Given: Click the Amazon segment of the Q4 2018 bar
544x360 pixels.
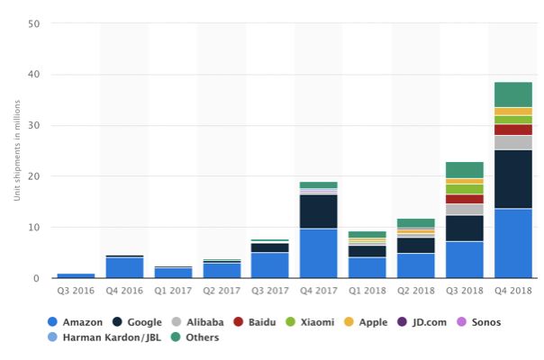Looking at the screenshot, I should pyautogui.click(x=512, y=244).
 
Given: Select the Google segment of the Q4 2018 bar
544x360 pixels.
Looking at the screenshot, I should pyautogui.click(x=512, y=179).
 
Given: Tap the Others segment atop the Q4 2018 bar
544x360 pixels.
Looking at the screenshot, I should pyautogui.click(x=512, y=94).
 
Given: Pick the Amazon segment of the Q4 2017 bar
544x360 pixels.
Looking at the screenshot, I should pyautogui.click(x=318, y=254).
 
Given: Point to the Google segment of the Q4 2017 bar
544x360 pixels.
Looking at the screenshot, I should pyautogui.click(x=318, y=211).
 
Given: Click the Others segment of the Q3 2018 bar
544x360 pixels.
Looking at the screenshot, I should pyautogui.click(x=464, y=170).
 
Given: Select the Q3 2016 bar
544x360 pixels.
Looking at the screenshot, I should pyautogui.click(x=76, y=275).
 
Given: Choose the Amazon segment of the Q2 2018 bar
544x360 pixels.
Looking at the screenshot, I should pyautogui.click(x=415, y=265).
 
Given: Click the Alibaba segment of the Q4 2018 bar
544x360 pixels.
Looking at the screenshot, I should pyautogui.click(x=512, y=142).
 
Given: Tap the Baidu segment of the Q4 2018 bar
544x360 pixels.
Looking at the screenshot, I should pyautogui.click(x=512, y=130).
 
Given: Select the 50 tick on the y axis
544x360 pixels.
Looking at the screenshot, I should pyautogui.click(x=33, y=24).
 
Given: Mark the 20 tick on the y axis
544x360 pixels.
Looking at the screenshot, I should pyautogui.click(x=33, y=177).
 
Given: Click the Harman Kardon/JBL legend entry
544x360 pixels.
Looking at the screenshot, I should pyautogui.click(x=101, y=337).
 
